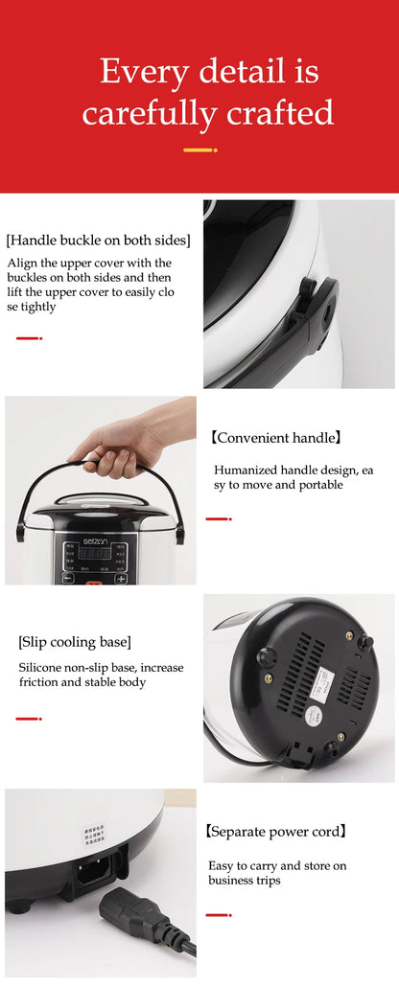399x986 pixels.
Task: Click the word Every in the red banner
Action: point(142,72)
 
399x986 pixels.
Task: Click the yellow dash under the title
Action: point(199,150)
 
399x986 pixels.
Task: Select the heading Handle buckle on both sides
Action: point(98,240)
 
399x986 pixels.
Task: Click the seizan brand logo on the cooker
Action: point(97,541)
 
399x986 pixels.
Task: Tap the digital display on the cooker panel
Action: point(95,555)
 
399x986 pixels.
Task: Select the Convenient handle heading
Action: point(276,438)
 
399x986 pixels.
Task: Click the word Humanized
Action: point(246,470)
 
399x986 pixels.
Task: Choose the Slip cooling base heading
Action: point(75,641)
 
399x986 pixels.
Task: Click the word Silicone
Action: point(42,667)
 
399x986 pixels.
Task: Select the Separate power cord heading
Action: point(276,832)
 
